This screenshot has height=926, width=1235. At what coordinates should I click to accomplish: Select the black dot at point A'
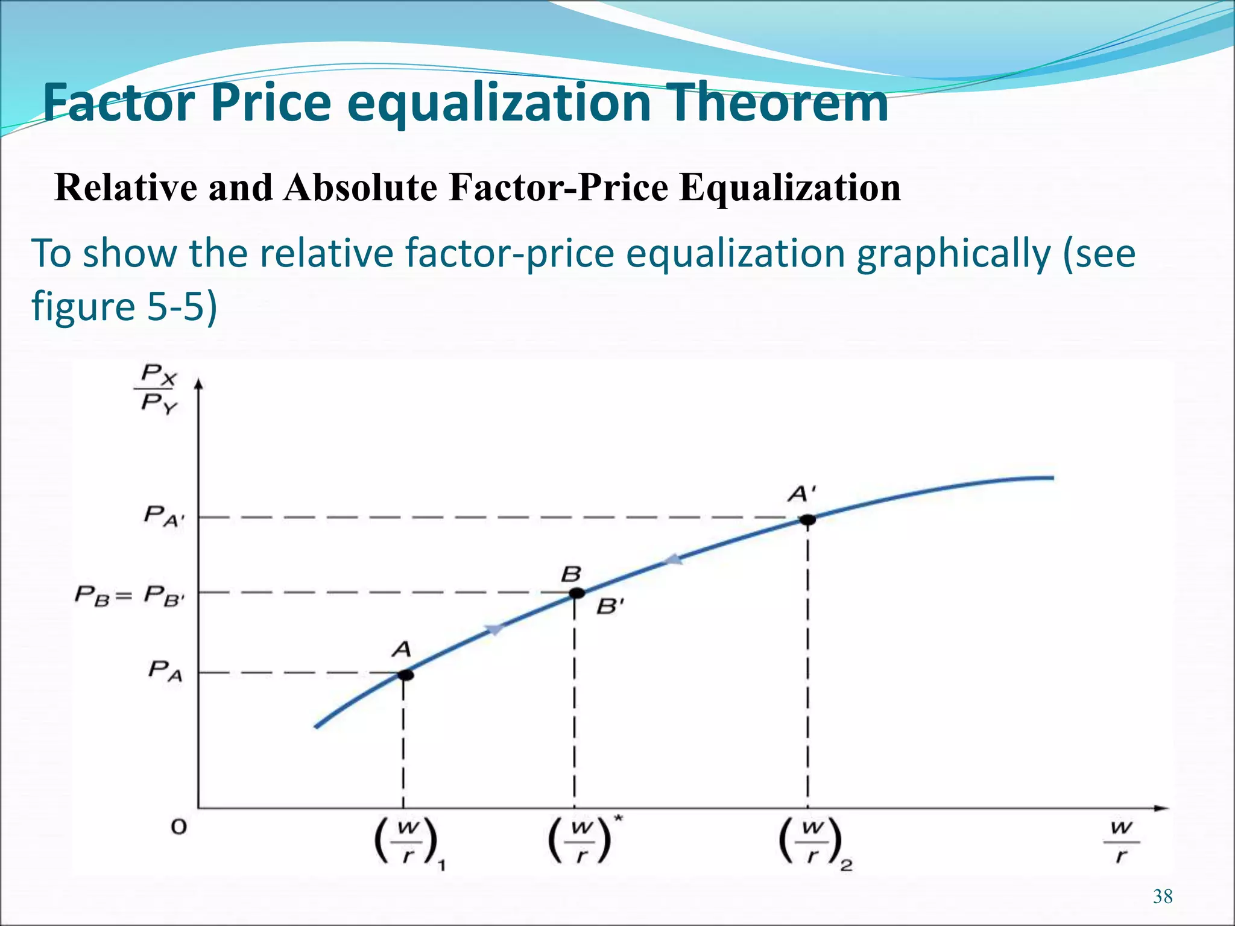(807, 520)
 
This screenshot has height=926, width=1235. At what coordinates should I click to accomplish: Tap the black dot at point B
(577, 593)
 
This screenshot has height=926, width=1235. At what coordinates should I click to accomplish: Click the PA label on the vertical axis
(165, 671)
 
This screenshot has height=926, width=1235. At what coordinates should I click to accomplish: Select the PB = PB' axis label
(129, 596)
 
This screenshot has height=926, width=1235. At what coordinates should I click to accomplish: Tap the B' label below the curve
(610, 606)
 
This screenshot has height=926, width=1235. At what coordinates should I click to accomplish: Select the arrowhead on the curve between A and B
(494, 629)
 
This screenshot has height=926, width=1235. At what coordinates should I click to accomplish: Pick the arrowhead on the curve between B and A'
(673, 560)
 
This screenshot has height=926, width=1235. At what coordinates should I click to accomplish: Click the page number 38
(1163, 896)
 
